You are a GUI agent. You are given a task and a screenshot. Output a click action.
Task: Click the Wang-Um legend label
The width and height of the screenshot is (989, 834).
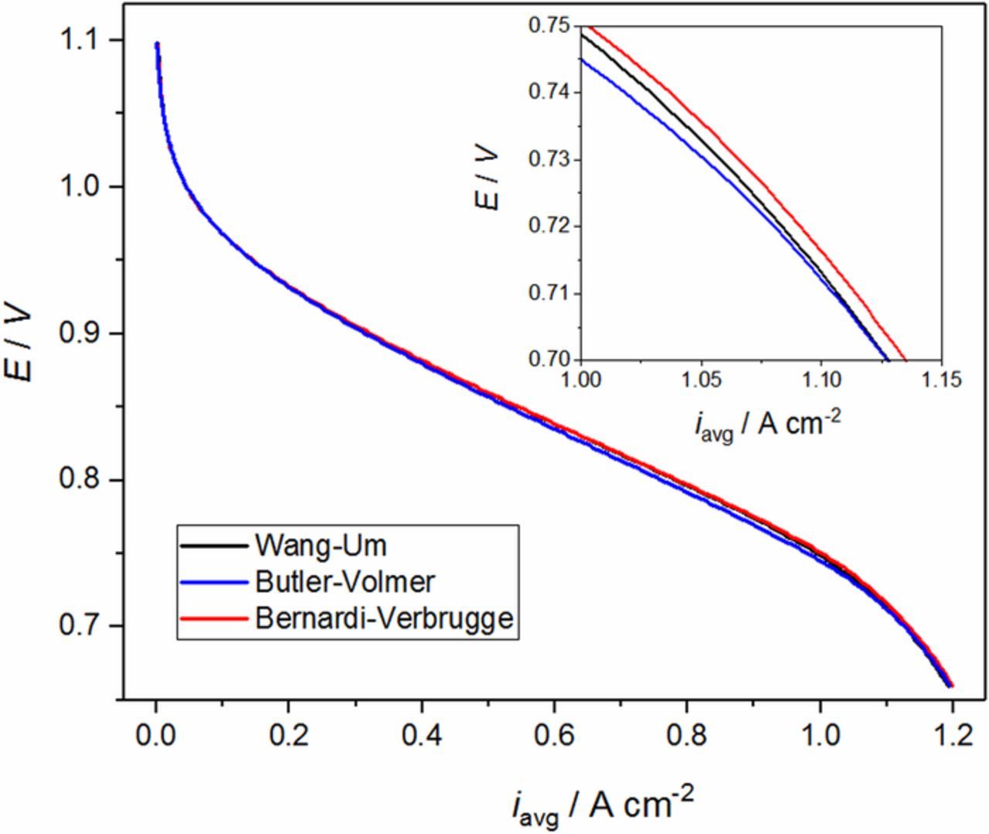(x=319, y=546)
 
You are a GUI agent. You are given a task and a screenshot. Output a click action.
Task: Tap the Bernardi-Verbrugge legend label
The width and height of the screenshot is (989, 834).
(x=382, y=618)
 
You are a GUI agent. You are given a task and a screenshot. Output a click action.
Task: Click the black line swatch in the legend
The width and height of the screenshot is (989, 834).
(x=214, y=546)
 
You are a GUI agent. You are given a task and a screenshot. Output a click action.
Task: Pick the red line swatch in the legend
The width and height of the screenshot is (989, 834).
(x=214, y=618)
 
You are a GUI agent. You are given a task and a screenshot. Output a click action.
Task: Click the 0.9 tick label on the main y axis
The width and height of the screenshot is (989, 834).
(x=81, y=333)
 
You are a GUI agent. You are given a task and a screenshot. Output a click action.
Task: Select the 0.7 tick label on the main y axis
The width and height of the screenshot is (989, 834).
(x=81, y=626)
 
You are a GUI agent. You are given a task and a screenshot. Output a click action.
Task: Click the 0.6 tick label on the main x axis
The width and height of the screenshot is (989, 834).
(x=554, y=735)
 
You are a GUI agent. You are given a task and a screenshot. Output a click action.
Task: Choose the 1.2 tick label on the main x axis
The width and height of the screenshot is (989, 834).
(x=953, y=735)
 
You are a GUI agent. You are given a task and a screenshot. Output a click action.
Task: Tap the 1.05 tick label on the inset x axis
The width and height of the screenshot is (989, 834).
(x=700, y=380)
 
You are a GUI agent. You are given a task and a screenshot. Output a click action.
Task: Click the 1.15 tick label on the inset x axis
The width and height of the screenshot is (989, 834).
(x=940, y=380)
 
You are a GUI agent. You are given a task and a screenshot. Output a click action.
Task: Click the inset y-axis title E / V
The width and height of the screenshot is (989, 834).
(x=488, y=180)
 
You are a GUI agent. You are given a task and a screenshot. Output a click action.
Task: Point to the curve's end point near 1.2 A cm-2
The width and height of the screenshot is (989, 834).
(x=951, y=685)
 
